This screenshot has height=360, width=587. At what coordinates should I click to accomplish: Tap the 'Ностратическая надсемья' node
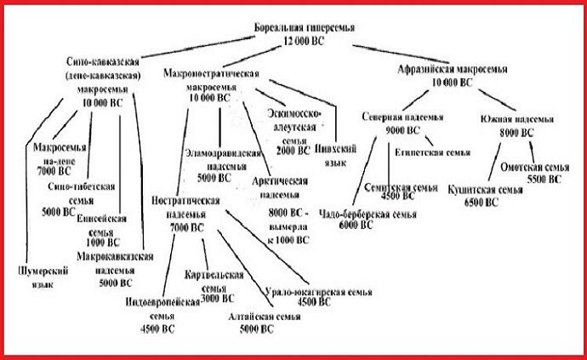pyautogui.click(x=185, y=213)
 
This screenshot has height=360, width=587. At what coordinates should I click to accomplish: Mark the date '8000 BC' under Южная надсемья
pyautogui.click(x=516, y=134)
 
